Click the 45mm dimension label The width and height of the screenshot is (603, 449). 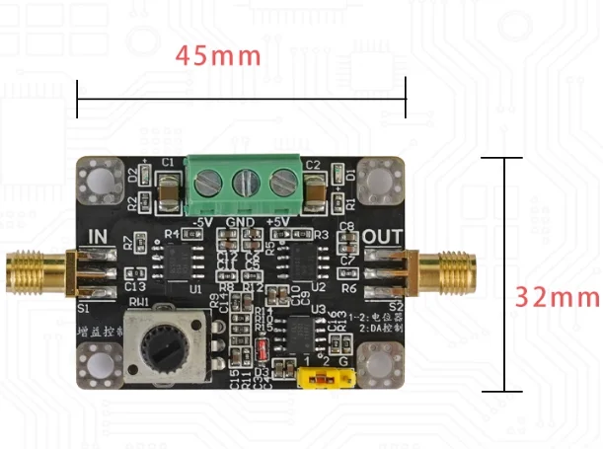tap(218, 55)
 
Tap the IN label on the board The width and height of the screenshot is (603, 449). tap(101, 236)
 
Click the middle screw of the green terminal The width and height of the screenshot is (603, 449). tap(244, 183)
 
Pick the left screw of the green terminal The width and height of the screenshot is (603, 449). tap(206, 183)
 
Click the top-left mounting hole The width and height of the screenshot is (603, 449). tap(101, 180)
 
